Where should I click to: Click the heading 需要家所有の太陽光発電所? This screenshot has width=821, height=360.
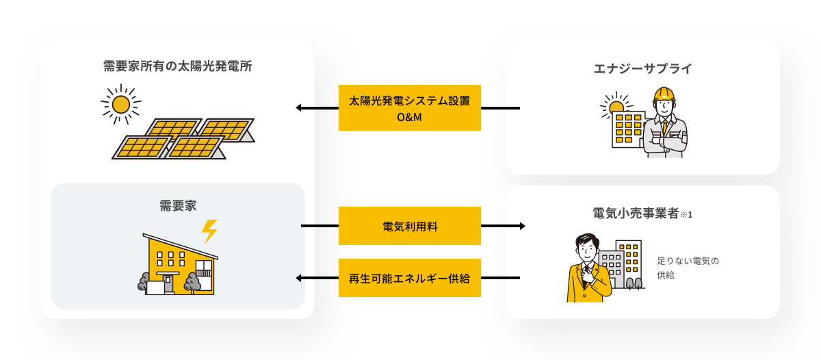pos(177,66)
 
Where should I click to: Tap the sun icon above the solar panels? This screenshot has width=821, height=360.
pos(120,104)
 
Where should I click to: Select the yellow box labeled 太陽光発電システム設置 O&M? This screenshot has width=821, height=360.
pos(410,108)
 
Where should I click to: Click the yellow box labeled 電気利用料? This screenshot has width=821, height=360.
pos(410,226)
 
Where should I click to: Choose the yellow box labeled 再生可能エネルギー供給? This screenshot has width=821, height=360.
pos(410,278)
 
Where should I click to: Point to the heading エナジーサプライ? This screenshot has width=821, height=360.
pos(642,68)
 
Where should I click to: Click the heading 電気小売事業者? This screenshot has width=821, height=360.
pos(636,214)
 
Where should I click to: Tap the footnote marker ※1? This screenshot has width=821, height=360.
pos(686,215)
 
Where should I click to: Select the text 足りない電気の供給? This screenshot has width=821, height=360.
pos(688,268)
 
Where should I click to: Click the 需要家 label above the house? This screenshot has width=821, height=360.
pos(178,205)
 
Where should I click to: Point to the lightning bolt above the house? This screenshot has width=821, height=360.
pos(209,231)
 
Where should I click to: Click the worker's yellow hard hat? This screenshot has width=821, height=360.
pos(664,94)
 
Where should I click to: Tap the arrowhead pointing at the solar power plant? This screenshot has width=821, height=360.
pos(299,108)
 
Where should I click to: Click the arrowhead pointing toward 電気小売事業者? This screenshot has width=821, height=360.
pos(522,226)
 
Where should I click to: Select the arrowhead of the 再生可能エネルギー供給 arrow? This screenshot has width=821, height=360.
pos(299,278)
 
